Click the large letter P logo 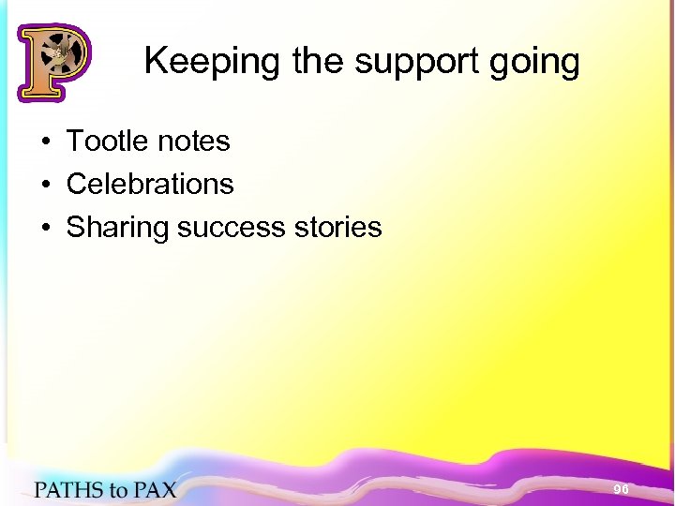click(52, 62)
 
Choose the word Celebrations click(150, 184)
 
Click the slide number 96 click(621, 490)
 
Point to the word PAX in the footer click(155, 490)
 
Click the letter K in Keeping click(155, 62)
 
